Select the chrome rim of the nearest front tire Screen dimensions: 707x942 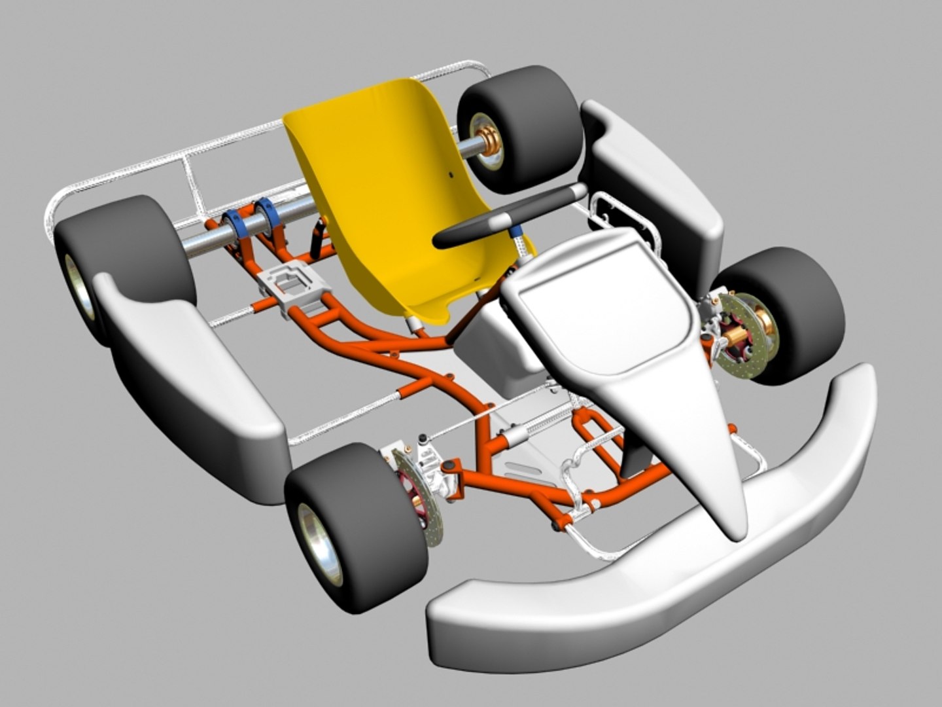320,543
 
